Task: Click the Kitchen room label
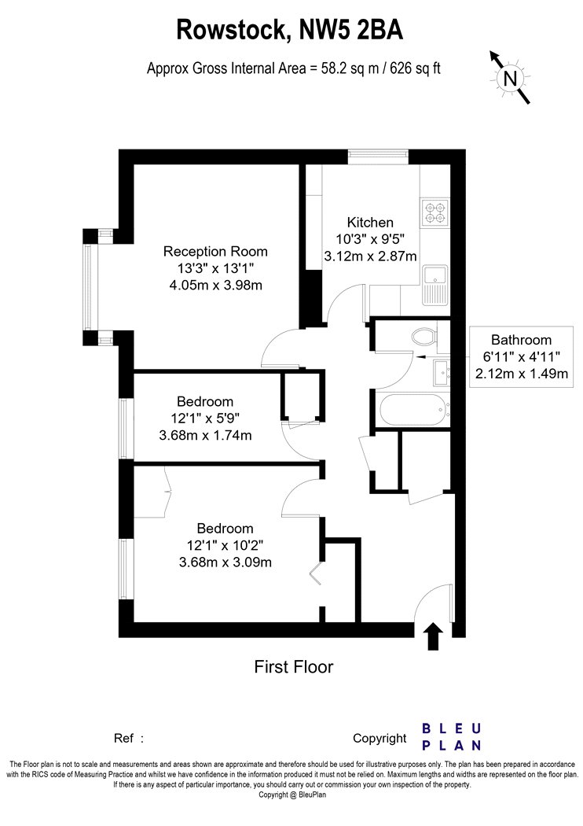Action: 370,223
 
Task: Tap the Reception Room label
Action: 215,251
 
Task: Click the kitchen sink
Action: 434,285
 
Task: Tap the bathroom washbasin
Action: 442,372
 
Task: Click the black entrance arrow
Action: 433,636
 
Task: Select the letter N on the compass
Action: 510,79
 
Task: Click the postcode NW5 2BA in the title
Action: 351,29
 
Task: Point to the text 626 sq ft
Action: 415,68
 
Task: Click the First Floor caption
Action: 294,667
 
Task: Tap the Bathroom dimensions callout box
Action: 521,356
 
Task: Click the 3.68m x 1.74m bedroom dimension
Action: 205,435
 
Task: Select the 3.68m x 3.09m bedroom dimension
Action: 225,562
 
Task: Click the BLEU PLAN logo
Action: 452,737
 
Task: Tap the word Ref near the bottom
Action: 124,738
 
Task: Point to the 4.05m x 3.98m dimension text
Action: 215,285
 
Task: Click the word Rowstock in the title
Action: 232,29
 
